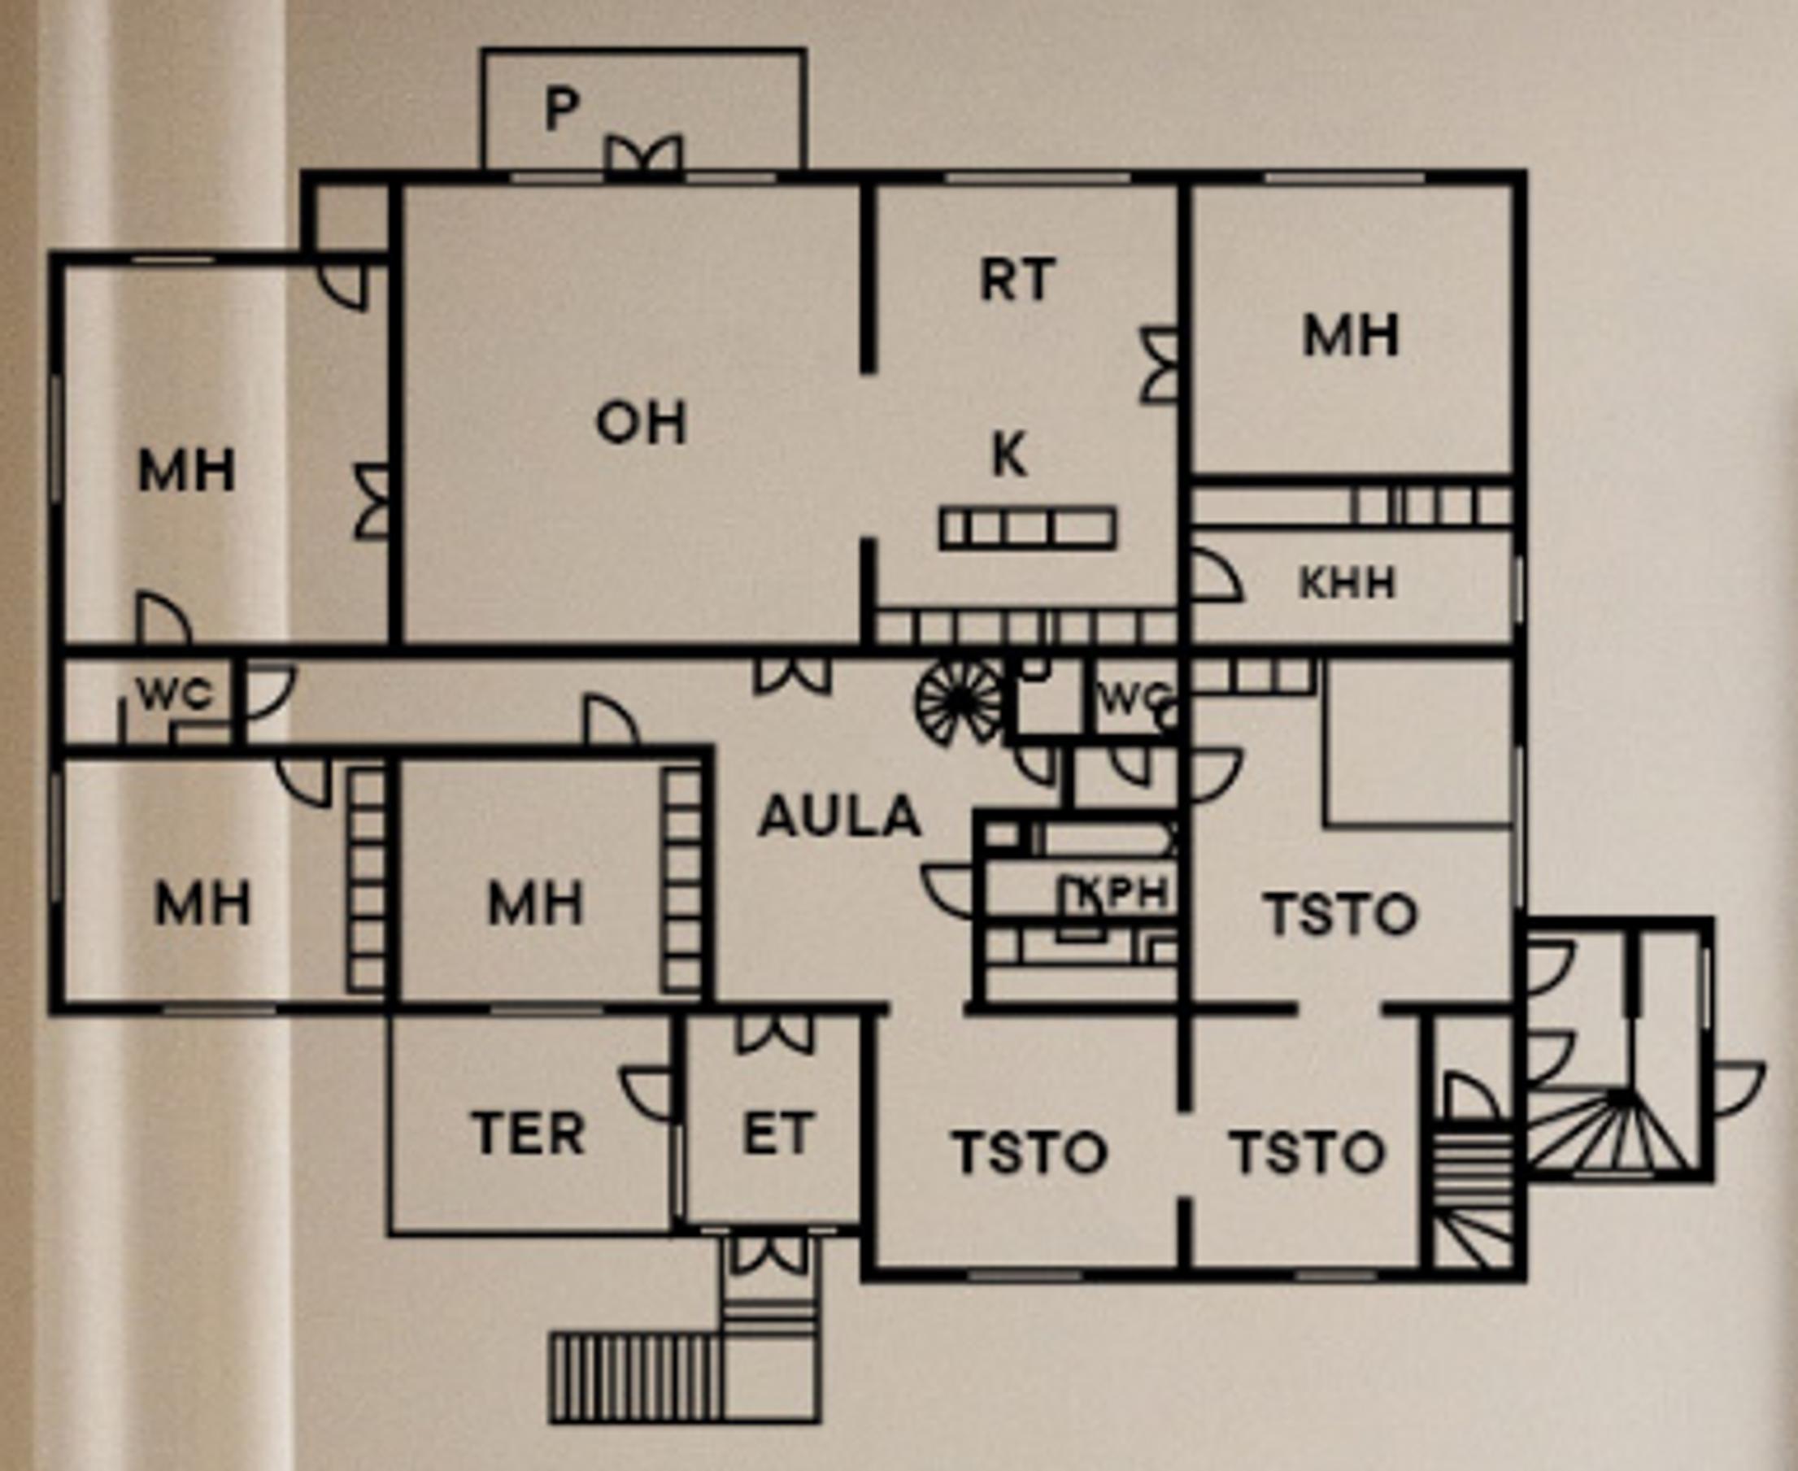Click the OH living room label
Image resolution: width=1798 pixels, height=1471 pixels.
tap(642, 423)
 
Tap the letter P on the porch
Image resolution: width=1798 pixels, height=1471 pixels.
tap(562, 109)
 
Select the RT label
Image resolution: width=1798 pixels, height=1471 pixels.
tap(1017, 280)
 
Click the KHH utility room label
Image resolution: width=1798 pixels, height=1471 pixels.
tap(1347, 583)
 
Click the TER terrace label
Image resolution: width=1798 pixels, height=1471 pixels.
tap(529, 1134)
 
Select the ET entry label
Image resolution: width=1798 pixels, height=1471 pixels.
tap(778, 1134)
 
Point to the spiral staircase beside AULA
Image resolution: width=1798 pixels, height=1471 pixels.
tap(958, 701)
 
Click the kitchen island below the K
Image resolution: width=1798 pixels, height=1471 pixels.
tap(1027, 528)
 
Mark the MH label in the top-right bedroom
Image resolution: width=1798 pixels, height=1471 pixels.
tap(1351, 337)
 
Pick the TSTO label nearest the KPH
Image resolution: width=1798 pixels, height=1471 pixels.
tap(1340, 914)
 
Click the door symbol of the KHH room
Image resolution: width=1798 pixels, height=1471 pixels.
tap(1215, 577)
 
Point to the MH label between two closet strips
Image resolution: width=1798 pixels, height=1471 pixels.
tap(536, 903)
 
